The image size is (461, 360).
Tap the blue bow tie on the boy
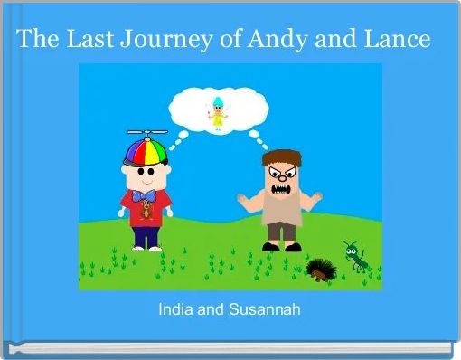click(144, 194)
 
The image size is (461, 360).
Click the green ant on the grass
click(353, 256)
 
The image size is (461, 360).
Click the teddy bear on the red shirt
click(145, 213)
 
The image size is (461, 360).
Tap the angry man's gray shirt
click(282, 210)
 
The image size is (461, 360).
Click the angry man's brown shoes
click(283, 245)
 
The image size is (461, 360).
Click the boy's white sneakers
click(145, 247)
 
